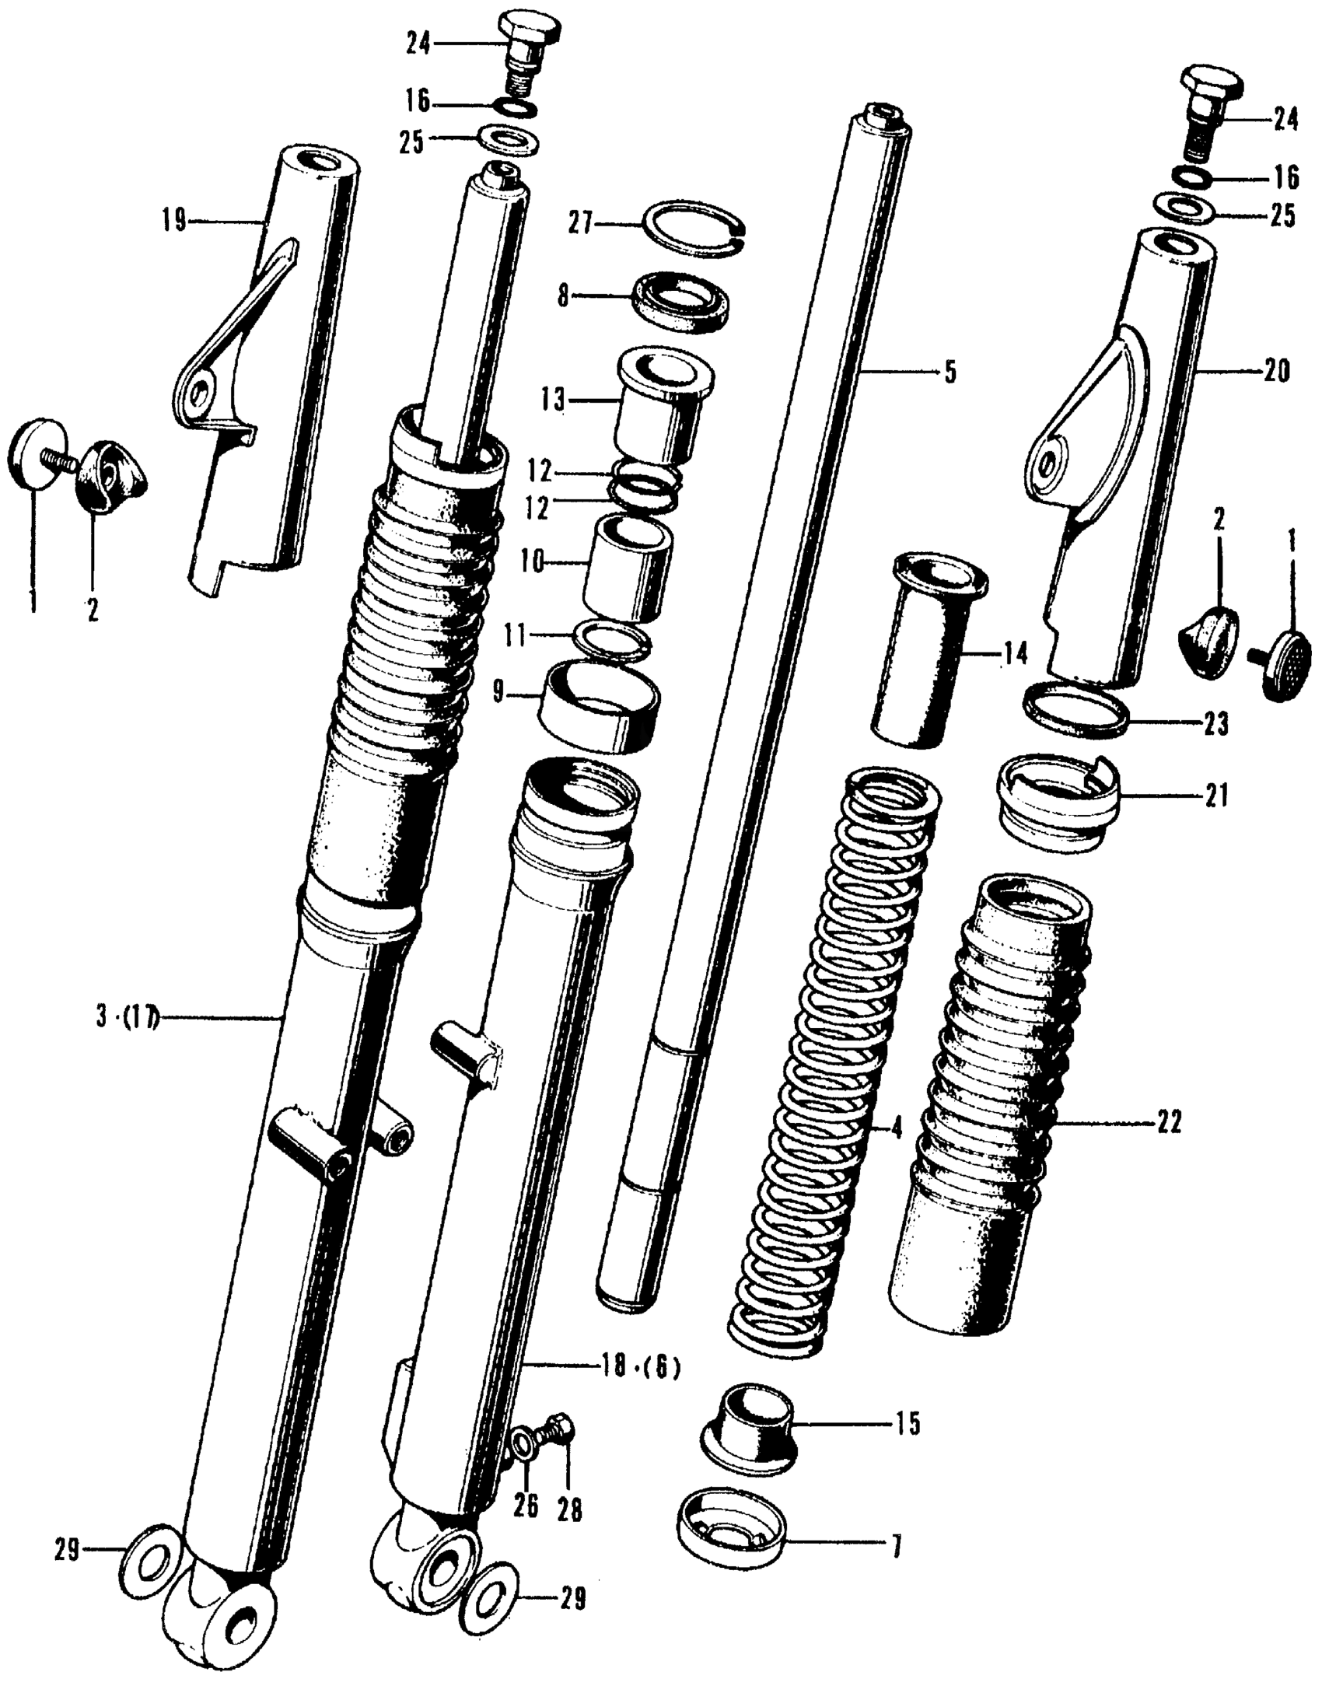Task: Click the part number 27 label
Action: coord(579,225)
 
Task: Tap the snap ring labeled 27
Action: coord(696,227)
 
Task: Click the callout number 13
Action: coord(554,401)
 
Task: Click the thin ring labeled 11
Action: coord(611,638)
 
